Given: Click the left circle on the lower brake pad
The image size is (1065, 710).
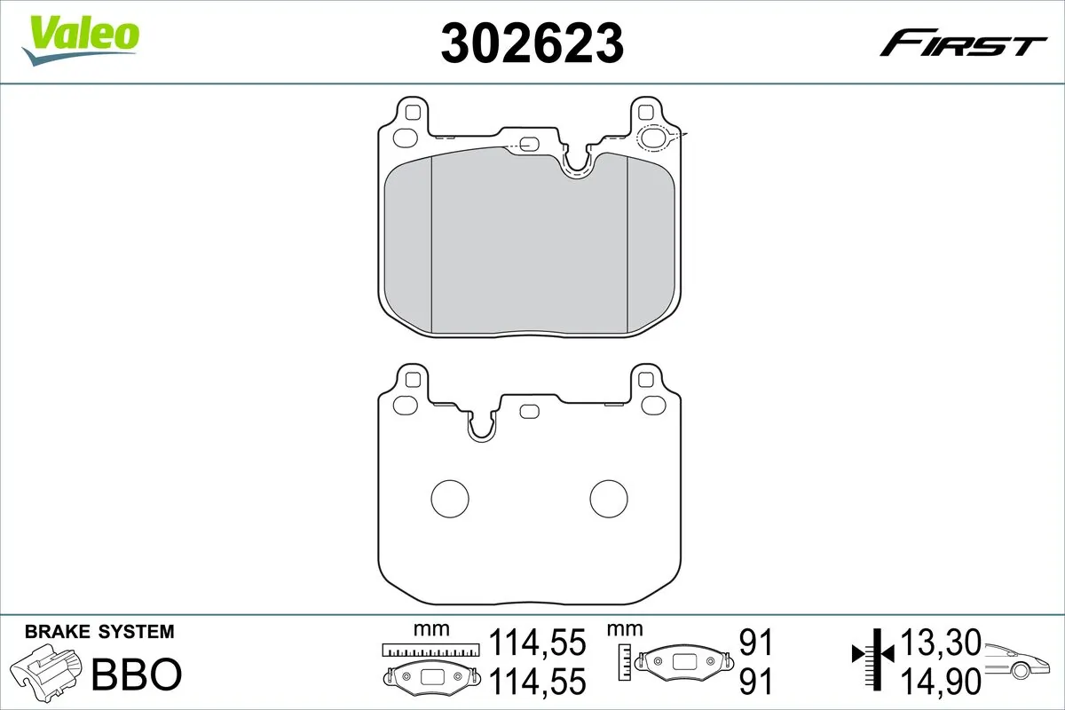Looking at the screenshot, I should tap(449, 497).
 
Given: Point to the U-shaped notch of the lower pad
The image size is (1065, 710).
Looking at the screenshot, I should tap(485, 426).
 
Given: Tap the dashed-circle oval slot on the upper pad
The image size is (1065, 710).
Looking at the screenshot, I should tap(657, 138).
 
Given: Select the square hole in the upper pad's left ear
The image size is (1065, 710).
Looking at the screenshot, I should tap(410, 113).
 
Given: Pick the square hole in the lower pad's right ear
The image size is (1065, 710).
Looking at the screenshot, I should tap(647, 381).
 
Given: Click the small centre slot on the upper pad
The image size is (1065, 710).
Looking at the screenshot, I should tap(530, 144).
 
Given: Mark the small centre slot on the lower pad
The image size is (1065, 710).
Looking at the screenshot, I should tap(530, 410).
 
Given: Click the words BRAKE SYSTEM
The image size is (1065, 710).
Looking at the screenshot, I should tap(99, 632).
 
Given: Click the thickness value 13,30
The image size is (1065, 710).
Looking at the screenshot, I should tap(941, 641).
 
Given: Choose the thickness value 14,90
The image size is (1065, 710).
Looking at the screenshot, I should tap(941, 681).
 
